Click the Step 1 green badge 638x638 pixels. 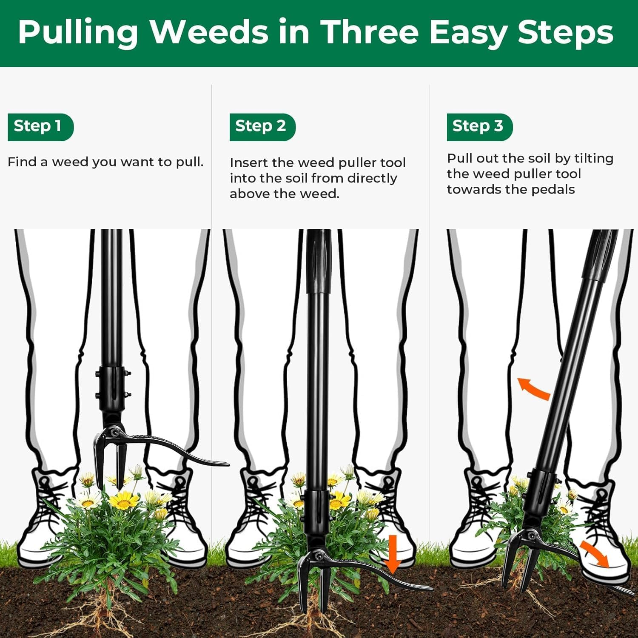pyautogui.click(x=40, y=127)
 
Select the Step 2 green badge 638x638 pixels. pyautogui.click(x=262, y=127)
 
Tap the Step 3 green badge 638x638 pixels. pyautogui.click(x=479, y=127)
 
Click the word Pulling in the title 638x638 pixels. pyautogui.click(x=78, y=32)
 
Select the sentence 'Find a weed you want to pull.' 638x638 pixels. pyautogui.click(x=105, y=162)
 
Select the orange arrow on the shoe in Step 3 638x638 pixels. pyautogui.click(x=595, y=554)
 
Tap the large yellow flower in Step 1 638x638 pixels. pyautogui.click(x=124, y=501)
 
